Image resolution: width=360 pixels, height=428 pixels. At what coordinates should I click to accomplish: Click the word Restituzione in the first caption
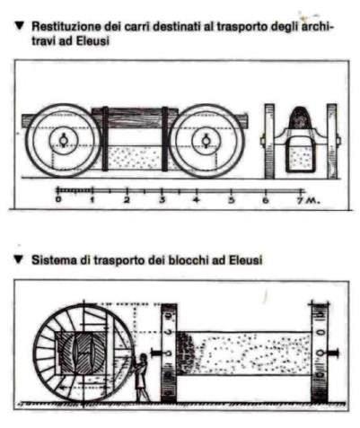[x=66, y=27]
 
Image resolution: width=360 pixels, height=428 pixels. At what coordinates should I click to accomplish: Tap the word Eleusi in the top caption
[x=92, y=41]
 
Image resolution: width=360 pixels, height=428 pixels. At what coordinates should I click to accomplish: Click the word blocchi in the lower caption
[x=189, y=260]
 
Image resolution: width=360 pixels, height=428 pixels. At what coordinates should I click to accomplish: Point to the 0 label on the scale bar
[x=58, y=199]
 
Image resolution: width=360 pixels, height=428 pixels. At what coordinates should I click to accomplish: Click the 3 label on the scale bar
[x=162, y=199]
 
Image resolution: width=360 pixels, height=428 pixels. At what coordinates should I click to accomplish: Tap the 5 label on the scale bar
[x=231, y=199]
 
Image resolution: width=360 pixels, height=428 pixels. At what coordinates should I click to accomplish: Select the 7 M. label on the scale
[x=309, y=200]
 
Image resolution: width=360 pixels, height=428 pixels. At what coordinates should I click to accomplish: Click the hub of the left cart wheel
[x=64, y=141]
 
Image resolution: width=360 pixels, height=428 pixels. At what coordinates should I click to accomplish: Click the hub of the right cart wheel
[x=206, y=141]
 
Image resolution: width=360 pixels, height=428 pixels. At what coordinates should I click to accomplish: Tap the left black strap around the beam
[x=105, y=138]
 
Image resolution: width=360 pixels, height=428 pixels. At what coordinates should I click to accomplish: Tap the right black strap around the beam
[x=165, y=138]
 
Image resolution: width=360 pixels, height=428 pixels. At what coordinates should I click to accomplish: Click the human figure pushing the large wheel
[x=141, y=378]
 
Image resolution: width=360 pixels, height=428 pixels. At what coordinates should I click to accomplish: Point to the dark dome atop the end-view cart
[x=302, y=118]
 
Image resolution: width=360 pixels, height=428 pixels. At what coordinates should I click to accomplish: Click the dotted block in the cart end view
[x=302, y=154]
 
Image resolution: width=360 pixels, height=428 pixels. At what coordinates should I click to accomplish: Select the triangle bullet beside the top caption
[x=19, y=26]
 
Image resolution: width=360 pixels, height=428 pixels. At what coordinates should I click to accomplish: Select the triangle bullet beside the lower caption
[x=19, y=259]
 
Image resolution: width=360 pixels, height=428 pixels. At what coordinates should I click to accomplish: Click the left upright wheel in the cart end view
[x=269, y=141]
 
